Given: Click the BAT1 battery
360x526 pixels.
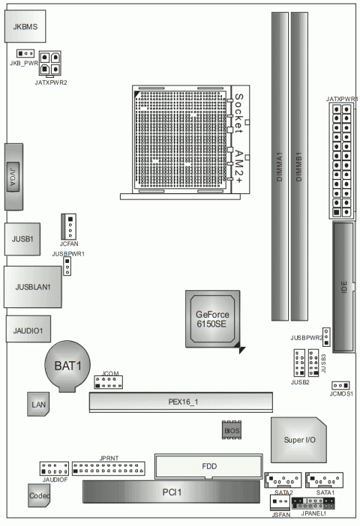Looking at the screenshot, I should (67, 365).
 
